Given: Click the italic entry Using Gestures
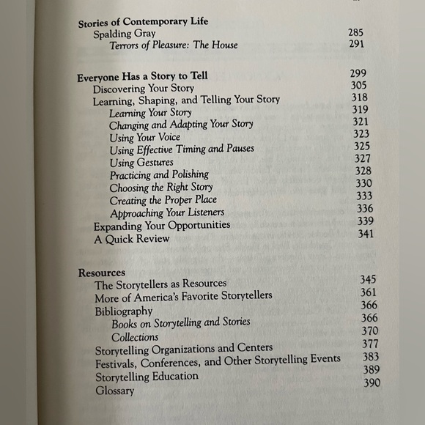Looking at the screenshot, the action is (x=141, y=162).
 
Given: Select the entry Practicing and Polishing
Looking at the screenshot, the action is (x=159, y=174).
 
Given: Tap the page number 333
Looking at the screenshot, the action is (x=363, y=196).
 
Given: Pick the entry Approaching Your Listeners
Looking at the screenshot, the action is (x=167, y=213).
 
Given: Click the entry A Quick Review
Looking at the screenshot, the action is (x=131, y=238).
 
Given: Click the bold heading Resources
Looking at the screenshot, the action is (x=102, y=273).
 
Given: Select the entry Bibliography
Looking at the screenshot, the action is (x=123, y=311).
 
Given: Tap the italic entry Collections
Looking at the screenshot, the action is (x=135, y=337).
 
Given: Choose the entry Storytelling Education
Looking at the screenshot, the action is (x=147, y=377).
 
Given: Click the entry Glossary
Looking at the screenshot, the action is (x=114, y=391).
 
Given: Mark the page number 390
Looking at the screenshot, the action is (x=372, y=382).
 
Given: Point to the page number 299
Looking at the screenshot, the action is (x=359, y=73).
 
